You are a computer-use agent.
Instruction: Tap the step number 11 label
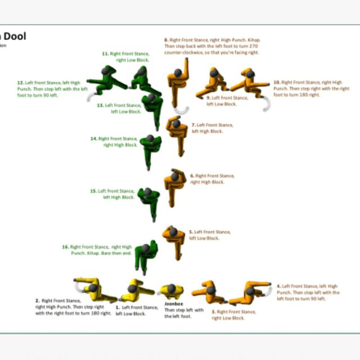105,53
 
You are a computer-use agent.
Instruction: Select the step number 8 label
166,40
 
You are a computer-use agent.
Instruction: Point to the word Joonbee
173,304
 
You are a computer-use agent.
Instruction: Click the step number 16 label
65,246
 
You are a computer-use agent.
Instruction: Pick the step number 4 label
278,286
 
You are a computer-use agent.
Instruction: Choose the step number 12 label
20,82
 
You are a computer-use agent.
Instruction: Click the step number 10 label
276,82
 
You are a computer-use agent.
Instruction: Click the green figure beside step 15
148,200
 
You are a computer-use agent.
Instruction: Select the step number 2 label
37,301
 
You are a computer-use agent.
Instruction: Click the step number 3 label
213,311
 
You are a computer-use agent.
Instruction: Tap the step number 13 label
100,105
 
